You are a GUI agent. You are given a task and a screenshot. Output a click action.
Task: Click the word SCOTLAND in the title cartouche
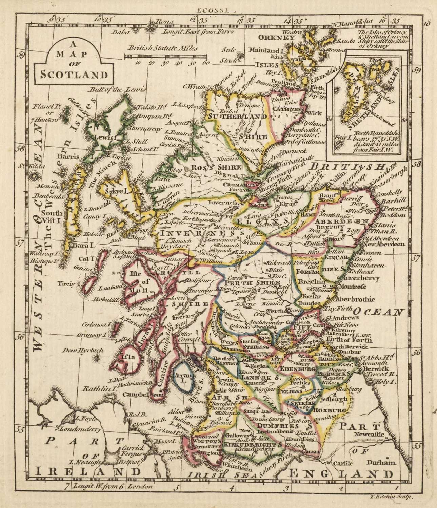pos(74,74)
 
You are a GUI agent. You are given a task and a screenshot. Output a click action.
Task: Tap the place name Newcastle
pos(370,434)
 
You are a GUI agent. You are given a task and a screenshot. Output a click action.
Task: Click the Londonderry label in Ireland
pos(81,429)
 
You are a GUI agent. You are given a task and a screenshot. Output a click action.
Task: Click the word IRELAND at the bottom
pos(88,472)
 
